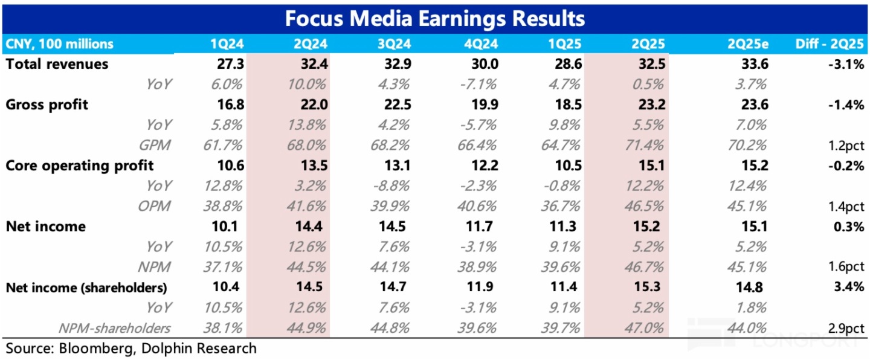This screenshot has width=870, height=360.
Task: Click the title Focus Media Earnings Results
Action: tap(434, 18)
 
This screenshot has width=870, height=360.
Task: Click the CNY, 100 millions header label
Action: tap(59, 44)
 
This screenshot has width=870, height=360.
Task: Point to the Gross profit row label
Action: tap(47, 104)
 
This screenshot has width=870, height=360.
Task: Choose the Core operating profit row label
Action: tap(80, 166)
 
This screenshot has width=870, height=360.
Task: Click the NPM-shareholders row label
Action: tap(114, 328)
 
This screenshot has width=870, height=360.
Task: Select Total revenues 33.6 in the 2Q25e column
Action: tap(755, 64)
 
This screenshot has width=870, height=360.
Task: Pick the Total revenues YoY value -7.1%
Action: tap(481, 84)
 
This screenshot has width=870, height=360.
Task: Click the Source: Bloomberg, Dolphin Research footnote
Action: tap(131, 349)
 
